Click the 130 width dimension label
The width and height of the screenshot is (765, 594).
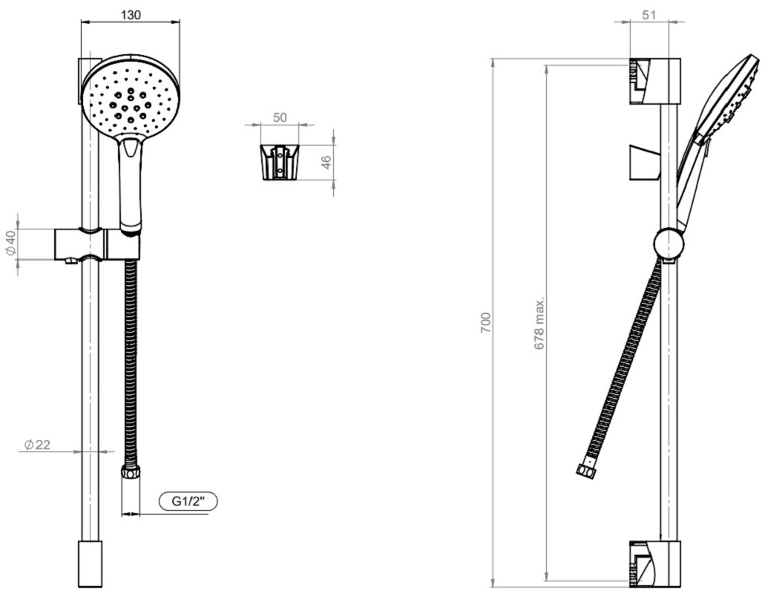point(131,15)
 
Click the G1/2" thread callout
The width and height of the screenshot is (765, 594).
point(188,501)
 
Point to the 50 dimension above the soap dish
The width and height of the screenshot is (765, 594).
point(280,117)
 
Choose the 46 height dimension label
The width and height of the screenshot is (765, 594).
point(326,162)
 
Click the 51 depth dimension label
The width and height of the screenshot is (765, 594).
point(649,15)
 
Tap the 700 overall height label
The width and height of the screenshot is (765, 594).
point(486,322)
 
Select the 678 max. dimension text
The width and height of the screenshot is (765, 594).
point(539,323)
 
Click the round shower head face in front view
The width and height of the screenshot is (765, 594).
point(131,94)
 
